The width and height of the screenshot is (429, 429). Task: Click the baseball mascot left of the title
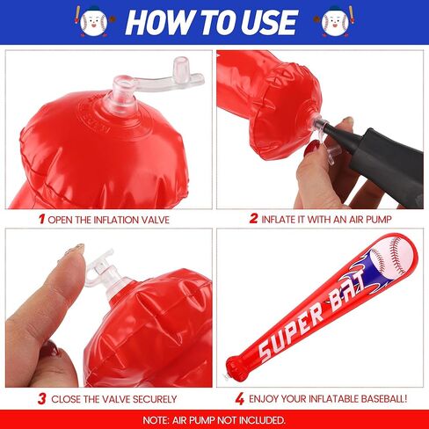click(x=93, y=22)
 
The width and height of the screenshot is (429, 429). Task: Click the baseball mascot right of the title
click(x=335, y=22)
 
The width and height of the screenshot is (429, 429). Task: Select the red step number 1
click(x=42, y=219)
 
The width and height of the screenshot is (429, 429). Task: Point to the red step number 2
click(x=253, y=218)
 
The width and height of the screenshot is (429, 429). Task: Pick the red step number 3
click(x=42, y=399)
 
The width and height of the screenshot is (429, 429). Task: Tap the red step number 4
click(x=240, y=399)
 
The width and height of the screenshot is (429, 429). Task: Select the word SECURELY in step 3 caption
click(x=155, y=399)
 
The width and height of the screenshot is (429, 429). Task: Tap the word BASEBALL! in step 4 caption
click(x=384, y=398)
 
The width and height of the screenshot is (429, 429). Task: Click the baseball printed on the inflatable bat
click(x=392, y=257)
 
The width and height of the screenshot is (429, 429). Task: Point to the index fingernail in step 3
click(x=76, y=249)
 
